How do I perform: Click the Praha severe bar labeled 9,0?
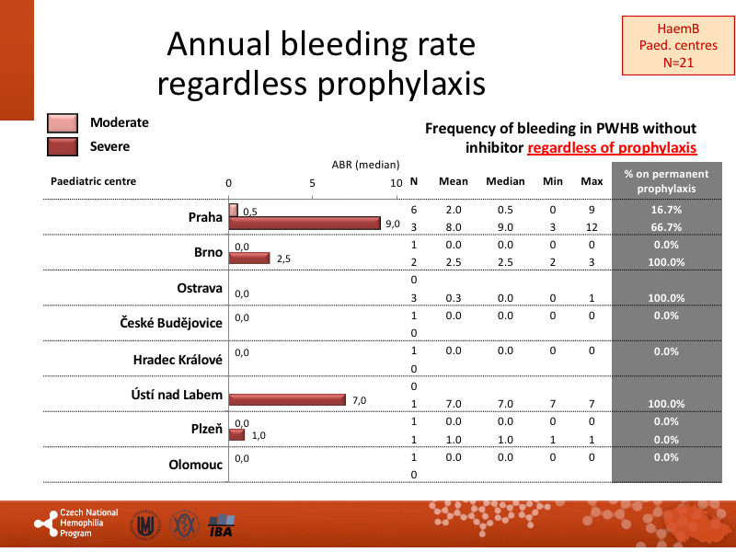305,223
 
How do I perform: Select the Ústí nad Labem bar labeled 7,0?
287,399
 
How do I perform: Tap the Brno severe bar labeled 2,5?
248,259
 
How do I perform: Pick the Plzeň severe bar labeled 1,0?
236,434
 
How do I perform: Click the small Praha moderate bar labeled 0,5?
233,211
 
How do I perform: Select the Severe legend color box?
63,146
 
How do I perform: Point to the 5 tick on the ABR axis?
313,183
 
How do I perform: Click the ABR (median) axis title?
365,165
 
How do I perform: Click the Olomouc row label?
195,465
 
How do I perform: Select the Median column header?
505,181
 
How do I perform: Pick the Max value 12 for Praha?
592,227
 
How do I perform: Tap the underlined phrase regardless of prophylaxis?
612,147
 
